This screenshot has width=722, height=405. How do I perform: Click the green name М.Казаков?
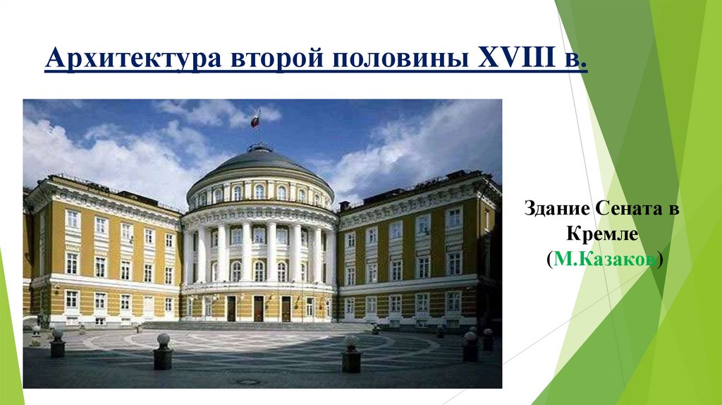coord(603,260)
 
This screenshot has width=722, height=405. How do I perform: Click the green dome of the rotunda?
coord(259,164)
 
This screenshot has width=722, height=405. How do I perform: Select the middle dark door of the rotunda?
coord(258,308)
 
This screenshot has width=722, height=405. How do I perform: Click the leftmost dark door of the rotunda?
coord(231,308)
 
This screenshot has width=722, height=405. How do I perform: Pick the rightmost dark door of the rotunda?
coord(286,308)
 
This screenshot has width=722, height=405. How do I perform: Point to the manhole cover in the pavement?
coord(247,382)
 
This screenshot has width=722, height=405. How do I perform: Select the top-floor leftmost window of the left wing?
coord(72,219)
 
